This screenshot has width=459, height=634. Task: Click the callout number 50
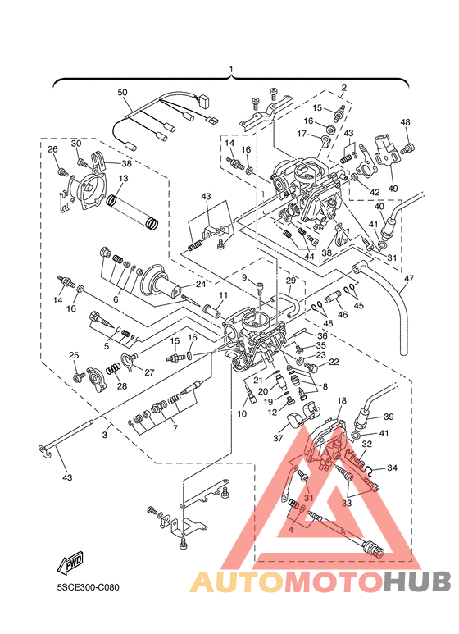(122, 92)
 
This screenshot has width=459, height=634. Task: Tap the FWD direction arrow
(70, 563)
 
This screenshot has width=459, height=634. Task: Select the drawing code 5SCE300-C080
(88, 587)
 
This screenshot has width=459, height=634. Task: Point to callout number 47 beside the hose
(408, 278)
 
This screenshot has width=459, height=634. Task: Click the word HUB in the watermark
(416, 582)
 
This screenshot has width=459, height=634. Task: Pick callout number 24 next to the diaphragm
(201, 284)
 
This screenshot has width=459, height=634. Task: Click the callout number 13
(123, 178)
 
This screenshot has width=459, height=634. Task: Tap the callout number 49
(393, 189)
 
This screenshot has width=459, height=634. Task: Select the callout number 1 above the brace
(231, 69)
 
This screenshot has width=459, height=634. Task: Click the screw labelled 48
(407, 149)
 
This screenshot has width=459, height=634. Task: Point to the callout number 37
(278, 437)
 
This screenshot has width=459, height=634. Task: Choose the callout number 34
(392, 468)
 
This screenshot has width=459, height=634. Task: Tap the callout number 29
(290, 281)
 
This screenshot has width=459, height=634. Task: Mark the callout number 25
(74, 355)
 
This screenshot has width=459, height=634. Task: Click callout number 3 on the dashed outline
(105, 435)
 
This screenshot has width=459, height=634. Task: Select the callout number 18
(342, 401)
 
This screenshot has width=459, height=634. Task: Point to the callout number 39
(388, 417)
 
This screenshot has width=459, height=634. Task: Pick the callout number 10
(242, 414)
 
